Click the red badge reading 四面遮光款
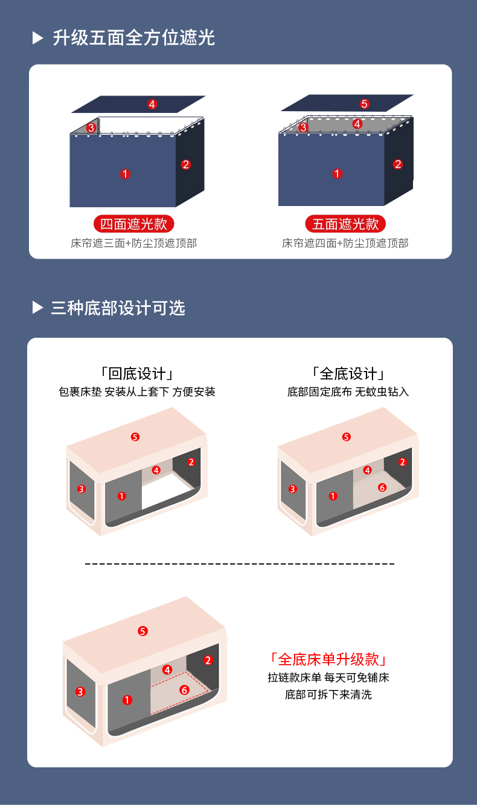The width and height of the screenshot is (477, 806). [x=133, y=224]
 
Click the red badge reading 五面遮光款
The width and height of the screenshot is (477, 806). [x=345, y=224]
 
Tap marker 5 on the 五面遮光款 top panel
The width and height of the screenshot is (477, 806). [x=365, y=104]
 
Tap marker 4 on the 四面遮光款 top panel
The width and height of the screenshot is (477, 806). [x=152, y=105]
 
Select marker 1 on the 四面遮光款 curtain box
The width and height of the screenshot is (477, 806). [x=125, y=174]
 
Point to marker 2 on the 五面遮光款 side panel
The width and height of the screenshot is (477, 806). [x=397, y=164]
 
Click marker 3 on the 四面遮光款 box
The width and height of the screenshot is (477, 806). [x=91, y=127]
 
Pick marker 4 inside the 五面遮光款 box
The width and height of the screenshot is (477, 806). [x=357, y=124]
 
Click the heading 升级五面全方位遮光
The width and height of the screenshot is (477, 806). [x=133, y=38]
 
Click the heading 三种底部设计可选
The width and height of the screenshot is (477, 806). [x=118, y=308]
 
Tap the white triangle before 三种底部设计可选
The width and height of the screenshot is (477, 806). [x=37, y=308]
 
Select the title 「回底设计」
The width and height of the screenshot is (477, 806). [x=137, y=374]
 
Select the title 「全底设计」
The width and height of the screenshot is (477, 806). [x=348, y=374]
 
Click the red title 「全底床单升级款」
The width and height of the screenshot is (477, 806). [x=328, y=660]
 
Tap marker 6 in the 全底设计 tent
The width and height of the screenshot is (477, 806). [x=382, y=488]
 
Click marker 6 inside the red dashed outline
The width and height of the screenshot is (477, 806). [x=184, y=690]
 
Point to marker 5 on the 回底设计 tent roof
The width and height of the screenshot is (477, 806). [x=135, y=437]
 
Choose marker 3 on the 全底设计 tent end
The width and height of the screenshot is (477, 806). [x=293, y=489]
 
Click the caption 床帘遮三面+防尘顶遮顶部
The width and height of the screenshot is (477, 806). [x=133, y=243]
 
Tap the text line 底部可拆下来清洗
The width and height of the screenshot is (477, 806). [x=328, y=694]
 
